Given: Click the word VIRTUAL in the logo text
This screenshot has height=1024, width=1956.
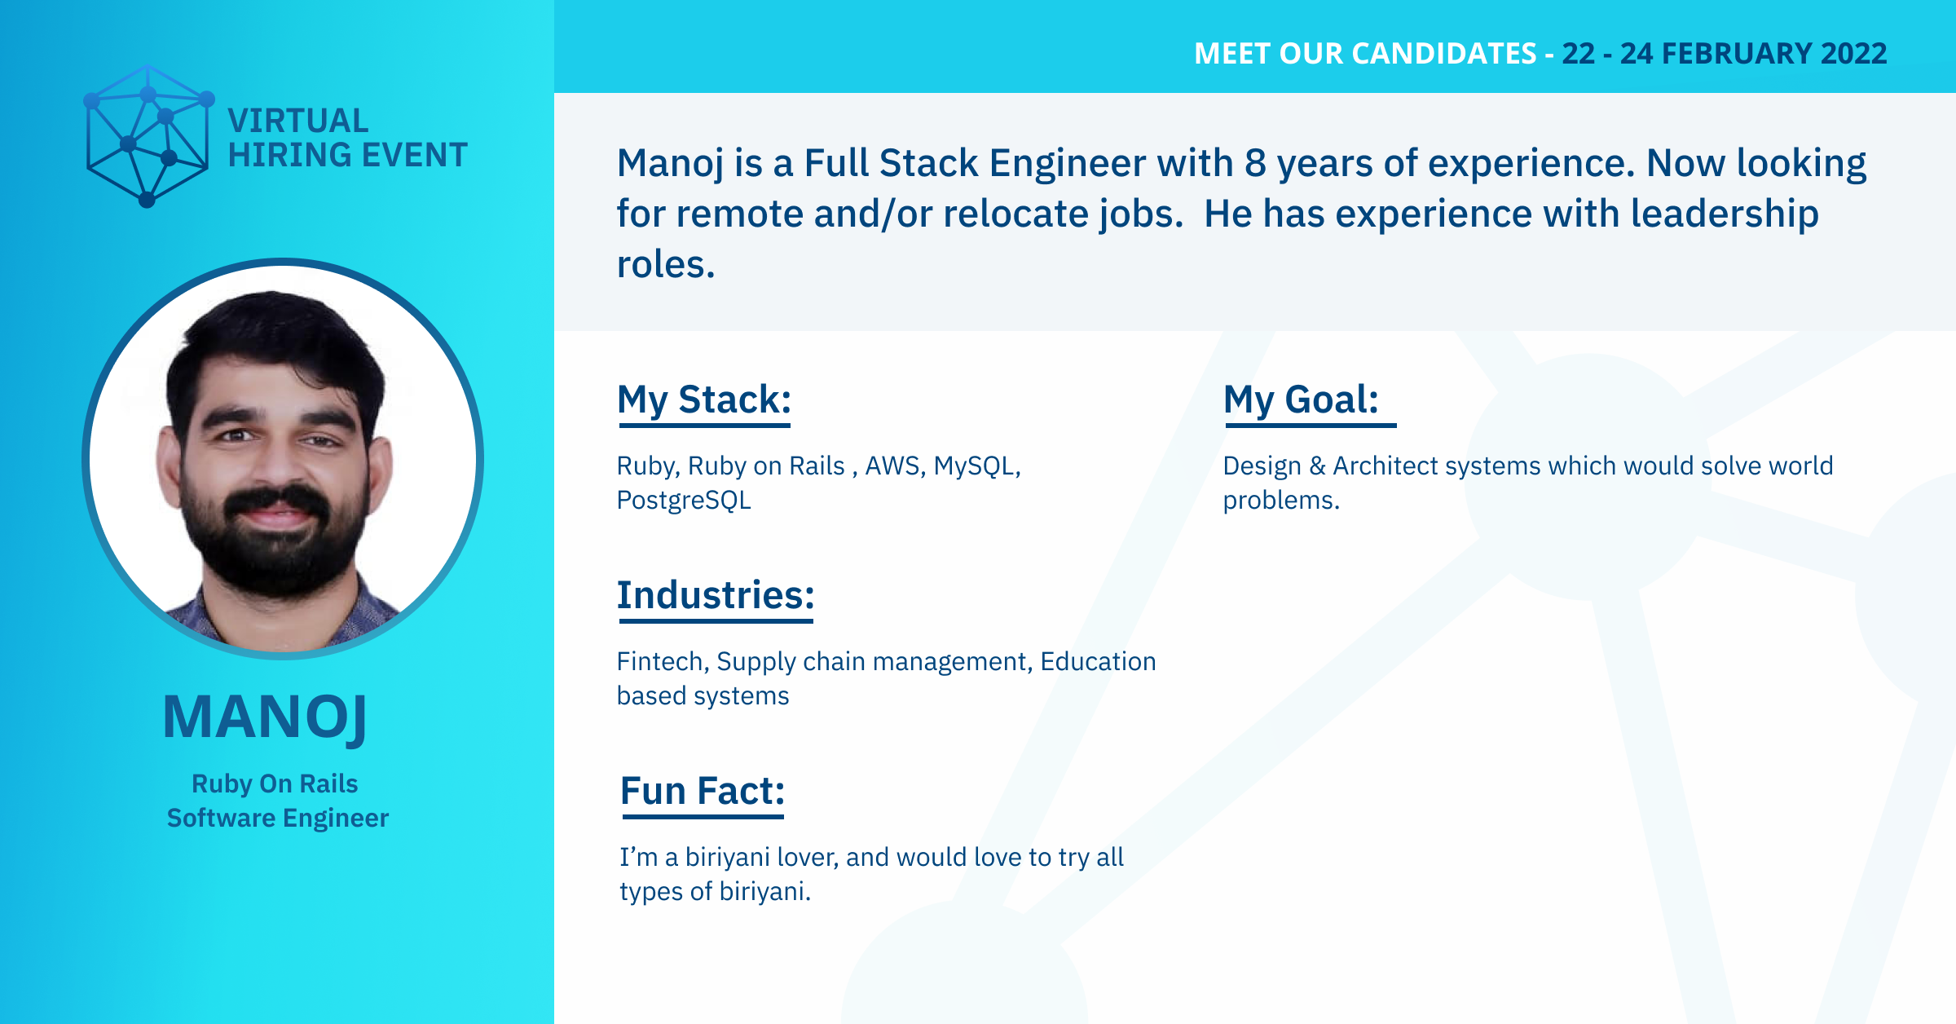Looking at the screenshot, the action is coord(298,121).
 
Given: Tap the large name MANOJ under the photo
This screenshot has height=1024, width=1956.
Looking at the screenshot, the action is coord(265,717).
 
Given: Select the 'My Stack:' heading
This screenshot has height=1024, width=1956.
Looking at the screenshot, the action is coord(704,400).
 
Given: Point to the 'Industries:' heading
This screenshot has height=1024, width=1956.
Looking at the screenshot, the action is coord(716,595).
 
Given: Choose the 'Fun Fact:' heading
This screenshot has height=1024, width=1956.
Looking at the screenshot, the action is coord(703,791).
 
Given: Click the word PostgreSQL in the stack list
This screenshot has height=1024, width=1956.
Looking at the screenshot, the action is coord(684,500).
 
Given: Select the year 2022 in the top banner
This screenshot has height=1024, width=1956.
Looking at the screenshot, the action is coord(1854,54).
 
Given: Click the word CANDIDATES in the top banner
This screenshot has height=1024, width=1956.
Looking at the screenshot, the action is coord(1408,54).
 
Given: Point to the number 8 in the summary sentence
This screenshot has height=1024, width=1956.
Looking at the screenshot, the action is coord(1255,163).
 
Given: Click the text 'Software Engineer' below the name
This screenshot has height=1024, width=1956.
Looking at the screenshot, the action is coord(278,818).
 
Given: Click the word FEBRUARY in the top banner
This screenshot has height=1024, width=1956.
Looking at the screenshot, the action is coord(1737,54).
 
